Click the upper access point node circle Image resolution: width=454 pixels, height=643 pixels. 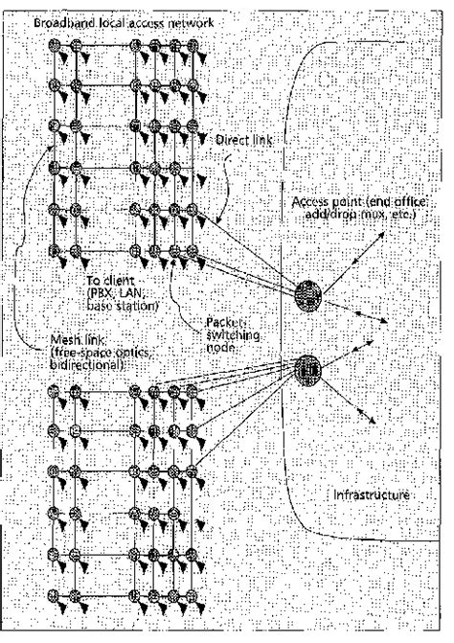pyautogui.click(x=308, y=293)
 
